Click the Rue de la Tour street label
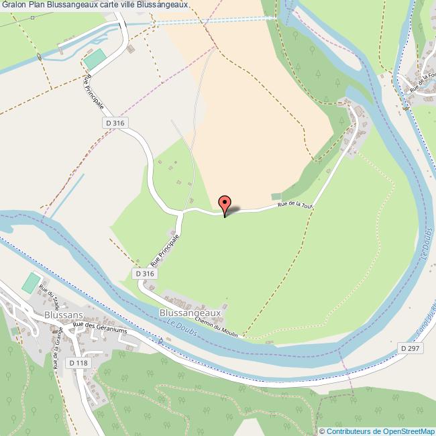[x=295, y=205]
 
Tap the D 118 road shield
[x=78, y=363]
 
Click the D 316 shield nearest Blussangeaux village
[x=144, y=274]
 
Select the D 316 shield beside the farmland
[x=115, y=123]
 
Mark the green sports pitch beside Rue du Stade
[x=30, y=282]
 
